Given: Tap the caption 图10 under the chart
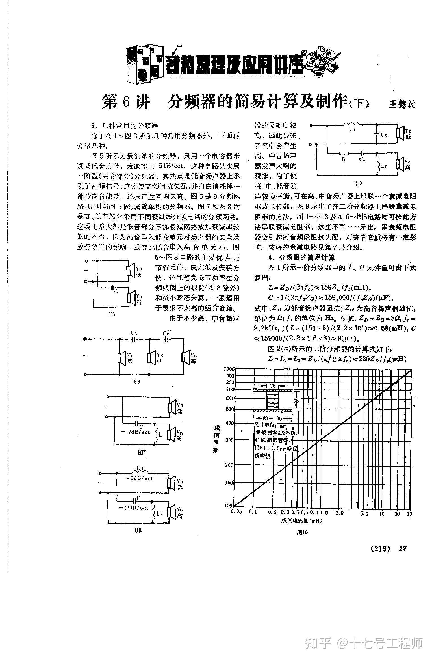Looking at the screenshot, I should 302,532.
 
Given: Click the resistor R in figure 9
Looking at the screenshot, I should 344,154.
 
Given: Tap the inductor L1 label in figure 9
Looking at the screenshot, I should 351,130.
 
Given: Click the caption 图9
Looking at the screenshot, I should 358,183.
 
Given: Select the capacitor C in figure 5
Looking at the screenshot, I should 113,288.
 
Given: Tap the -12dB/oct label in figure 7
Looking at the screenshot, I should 136,432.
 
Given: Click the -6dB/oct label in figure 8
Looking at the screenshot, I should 139,478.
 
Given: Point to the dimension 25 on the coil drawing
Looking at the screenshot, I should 273,386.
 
